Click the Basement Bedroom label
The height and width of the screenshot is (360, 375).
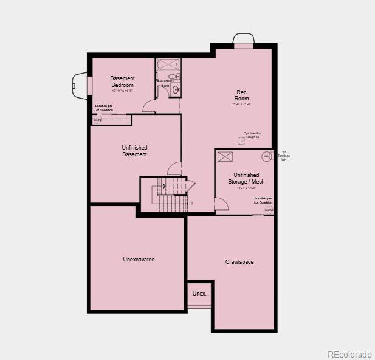coord(122,81)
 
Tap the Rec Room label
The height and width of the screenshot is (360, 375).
coord(242,95)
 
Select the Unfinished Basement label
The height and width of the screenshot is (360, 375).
coord(134,151)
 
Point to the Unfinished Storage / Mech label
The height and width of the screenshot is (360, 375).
coord(246,178)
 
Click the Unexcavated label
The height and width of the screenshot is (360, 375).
coord(139,260)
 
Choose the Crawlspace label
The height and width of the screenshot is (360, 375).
coord(239,262)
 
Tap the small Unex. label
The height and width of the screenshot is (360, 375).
coord(199,294)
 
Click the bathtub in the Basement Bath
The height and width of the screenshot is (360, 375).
coord(167,64)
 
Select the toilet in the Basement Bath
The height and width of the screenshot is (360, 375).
coord(172,77)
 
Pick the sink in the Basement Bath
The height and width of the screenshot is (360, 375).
coord(176,90)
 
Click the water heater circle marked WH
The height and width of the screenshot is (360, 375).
coord(266,157)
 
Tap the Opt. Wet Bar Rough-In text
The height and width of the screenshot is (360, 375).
coord(252,135)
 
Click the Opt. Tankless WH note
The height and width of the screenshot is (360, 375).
coord(284,156)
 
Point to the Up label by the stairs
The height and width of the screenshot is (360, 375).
coord(191,203)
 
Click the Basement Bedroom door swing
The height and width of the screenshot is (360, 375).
coord(149,106)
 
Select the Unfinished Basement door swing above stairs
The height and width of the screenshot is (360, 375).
coord(174,169)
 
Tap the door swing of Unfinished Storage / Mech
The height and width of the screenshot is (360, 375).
coord(221,205)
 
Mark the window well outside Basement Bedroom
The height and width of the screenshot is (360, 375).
coord(80,85)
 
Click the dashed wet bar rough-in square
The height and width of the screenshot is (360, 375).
coord(241,140)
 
